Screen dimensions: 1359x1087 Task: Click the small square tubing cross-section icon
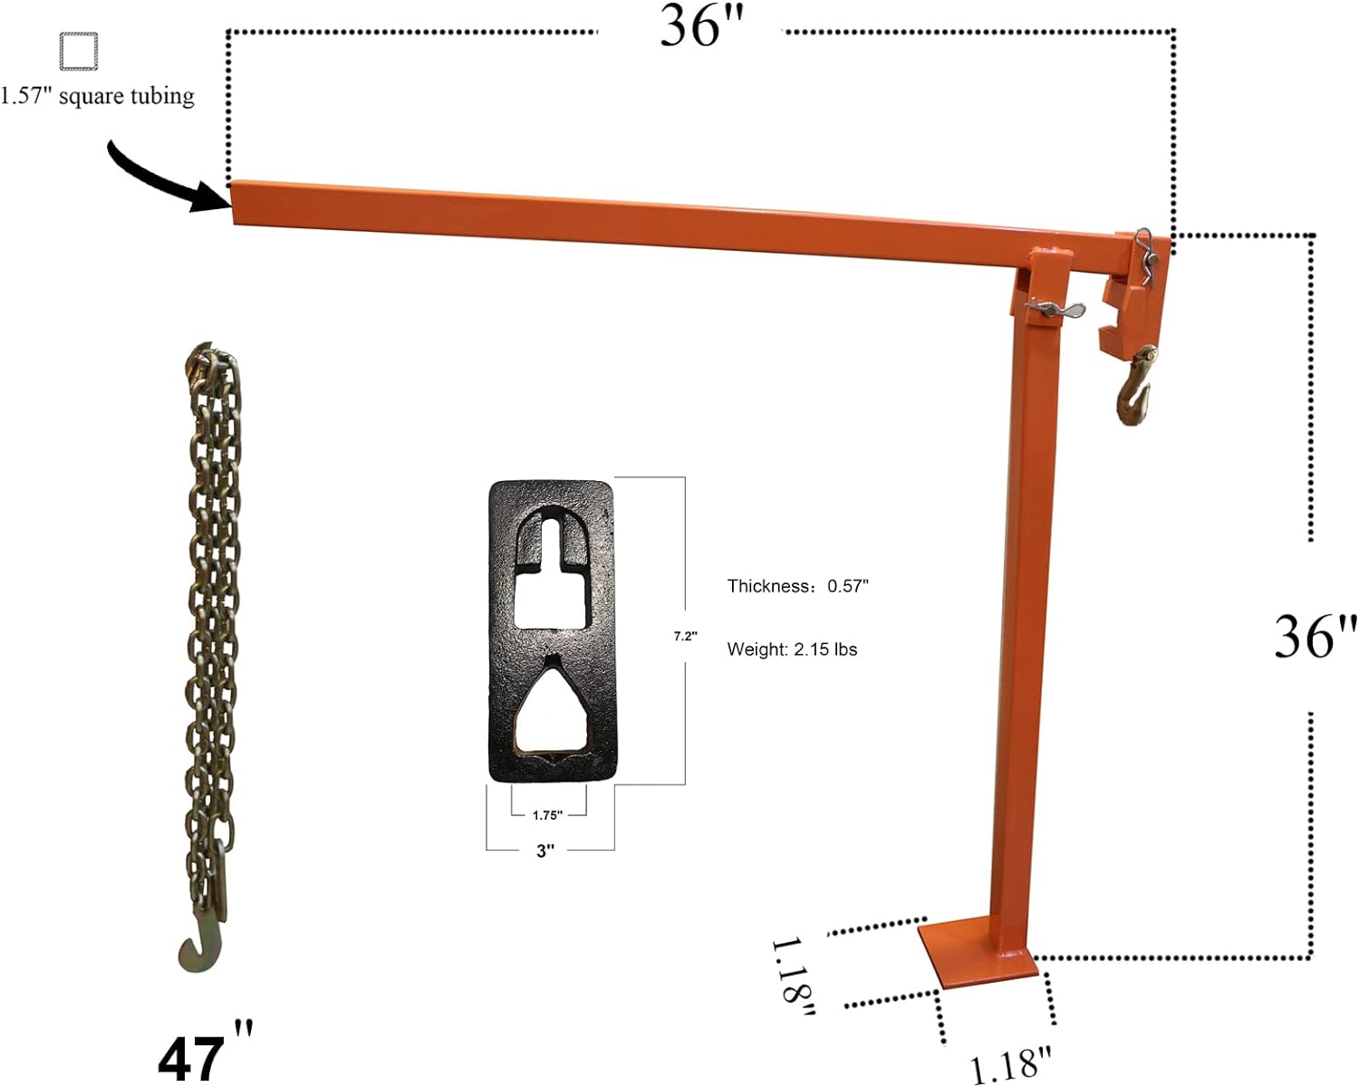[x=78, y=51]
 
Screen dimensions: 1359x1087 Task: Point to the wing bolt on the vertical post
[x=1054, y=309]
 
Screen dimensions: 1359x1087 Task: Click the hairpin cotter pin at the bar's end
[x=1144, y=255]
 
